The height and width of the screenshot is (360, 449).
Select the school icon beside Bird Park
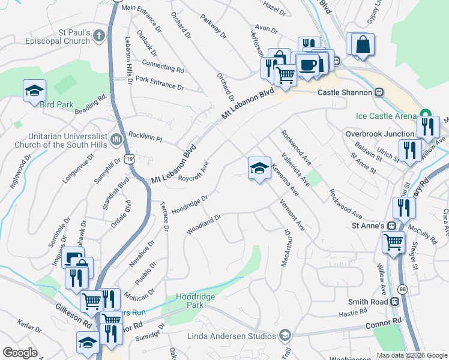pyautogui.click(x=35, y=91)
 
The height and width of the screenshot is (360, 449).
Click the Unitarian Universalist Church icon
pyautogui.click(x=116, y=139)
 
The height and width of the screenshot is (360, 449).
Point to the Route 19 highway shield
pyautogui.click(x=130, y=158)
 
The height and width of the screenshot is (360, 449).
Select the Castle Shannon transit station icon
pyautogui.click(x=379, y=92)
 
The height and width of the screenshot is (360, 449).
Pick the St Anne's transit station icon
pyautogui.click(x=391, y=226)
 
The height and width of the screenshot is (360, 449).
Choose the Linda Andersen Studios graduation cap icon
pyautogui.click(x=286, y=335)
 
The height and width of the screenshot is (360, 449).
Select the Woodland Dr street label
pyautogui.click(x=204, y=224)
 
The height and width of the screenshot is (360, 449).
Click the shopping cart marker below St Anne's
pyautogui.click(x=394, y=242)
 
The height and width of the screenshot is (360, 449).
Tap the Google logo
pyautogui.click(x=20, y=353)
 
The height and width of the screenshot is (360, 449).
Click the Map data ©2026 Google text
pyautogui.click(x=411, y=355)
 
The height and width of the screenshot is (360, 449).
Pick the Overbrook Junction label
pyautogui.click(x=381, y=134)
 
